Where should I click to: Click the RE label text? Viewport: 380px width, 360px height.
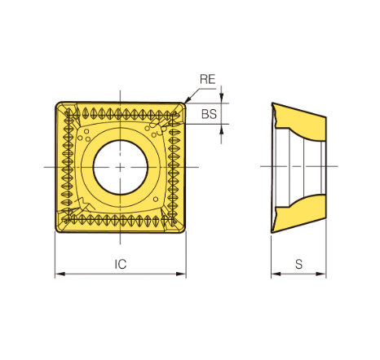(208, 79)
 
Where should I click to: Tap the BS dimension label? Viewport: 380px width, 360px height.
(209, 114)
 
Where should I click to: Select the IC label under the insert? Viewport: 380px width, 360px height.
(121, 264)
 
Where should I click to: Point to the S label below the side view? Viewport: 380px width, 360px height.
(298, 264)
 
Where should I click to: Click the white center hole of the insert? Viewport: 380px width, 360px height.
(121, 167)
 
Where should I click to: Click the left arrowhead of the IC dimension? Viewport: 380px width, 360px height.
(60, 274)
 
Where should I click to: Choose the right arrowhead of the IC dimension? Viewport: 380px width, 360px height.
(181, 274)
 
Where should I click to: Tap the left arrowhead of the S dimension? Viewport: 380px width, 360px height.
(276, 274)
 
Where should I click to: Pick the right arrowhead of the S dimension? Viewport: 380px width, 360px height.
(321, 274)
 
